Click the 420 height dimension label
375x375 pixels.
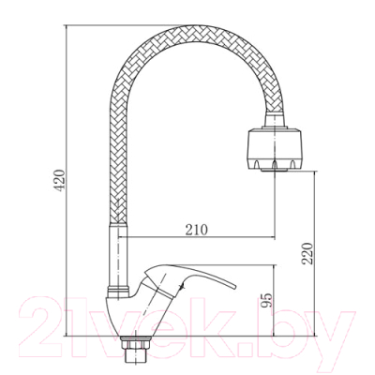coord(59,180)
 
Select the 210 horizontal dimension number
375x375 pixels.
coord(197,230)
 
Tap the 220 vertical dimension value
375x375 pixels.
coord(307,253)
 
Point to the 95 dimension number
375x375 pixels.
coord(266,300)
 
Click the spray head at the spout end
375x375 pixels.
coord(275,149)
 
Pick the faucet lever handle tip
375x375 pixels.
coord(233,287)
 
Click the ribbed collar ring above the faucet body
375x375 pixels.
coord(118,291)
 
